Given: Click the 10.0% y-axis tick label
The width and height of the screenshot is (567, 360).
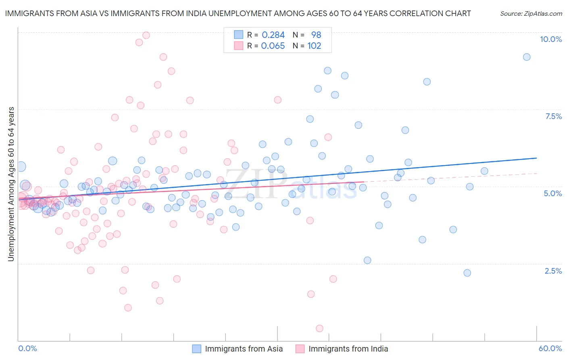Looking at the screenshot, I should coord(550,39).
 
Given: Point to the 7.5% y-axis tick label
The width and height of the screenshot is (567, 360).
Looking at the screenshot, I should coord(553,116).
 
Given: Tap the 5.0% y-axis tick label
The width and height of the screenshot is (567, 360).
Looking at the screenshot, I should coord(552,193).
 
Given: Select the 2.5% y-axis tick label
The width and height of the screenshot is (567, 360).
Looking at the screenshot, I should coord(553,271).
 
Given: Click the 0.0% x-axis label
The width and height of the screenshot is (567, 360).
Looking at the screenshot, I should coord(27,348).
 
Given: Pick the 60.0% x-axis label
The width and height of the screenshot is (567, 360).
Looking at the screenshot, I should coord(550,348).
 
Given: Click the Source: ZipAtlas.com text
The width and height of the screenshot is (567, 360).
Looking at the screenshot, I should coord(531,13).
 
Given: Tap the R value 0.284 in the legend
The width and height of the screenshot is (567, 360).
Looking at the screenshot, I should coord(273,35).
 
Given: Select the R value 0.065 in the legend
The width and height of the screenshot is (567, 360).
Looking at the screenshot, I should coord(273,46).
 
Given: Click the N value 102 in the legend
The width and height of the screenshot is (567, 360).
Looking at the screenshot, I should coord(314,46).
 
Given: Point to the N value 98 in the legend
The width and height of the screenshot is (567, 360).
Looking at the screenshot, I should coord(316,35).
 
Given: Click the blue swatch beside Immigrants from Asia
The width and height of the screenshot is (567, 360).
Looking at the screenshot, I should coord(196,349).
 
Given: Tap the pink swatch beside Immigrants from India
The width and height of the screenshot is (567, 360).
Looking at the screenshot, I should coord(300,349).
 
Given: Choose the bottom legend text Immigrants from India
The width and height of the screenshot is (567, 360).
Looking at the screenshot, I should coord(348,349).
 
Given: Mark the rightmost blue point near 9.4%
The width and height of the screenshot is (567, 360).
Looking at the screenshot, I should coord(527,57).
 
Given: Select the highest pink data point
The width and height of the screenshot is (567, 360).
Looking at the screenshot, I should coord(146,35).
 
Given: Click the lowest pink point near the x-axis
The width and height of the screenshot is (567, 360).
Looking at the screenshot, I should coord(319,328).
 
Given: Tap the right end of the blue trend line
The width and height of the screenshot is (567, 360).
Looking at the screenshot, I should coord(536,158).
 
